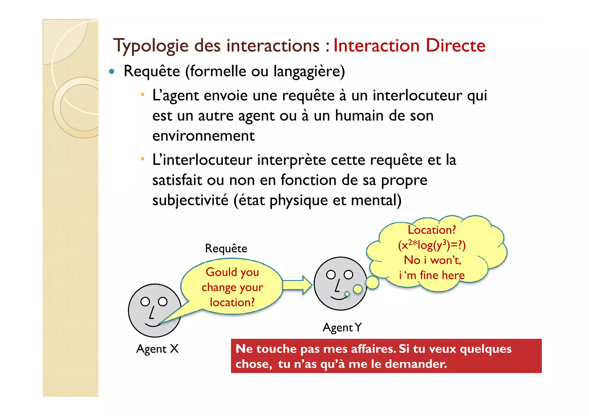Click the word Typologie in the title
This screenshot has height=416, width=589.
(151, 46)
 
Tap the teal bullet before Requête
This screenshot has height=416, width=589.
(112, 72)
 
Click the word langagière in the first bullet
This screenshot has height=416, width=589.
(309, 72)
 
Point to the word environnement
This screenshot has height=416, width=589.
(203, 136)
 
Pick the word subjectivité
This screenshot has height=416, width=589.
(190, 200)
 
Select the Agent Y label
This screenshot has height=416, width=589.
(342, 328)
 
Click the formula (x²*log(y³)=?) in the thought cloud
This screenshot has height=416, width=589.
(432, 245)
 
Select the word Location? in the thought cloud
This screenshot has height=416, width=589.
(432, 230)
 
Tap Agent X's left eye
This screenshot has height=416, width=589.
(145, 302)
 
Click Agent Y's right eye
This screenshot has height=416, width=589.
(348, 275)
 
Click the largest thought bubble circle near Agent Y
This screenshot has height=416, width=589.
(372, 282)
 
